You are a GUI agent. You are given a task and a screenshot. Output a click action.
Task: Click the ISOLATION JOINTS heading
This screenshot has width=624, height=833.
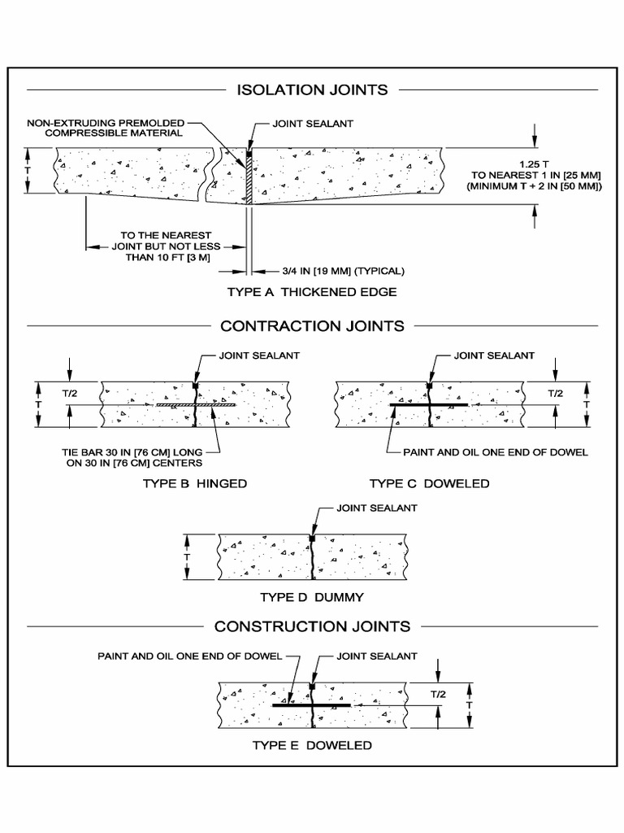(x=312, y=89)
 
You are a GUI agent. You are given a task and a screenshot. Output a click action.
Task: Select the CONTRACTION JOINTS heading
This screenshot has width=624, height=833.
(x=312, y=326)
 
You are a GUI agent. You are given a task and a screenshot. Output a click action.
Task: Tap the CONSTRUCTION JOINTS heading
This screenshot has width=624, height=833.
(x=312, y=626)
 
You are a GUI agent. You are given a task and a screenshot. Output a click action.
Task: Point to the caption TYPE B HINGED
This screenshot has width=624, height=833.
(x=193, y=483)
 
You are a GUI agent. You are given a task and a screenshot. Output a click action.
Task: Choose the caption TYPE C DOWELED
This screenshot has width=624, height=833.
(x=429, y=483)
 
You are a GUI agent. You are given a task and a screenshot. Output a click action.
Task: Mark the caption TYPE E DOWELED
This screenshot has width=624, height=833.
(x=312, y=745)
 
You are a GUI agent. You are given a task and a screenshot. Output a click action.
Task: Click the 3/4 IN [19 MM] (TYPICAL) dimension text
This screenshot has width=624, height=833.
(x=332, y=272)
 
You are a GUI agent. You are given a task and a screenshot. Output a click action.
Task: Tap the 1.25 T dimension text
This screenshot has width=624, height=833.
(x=534, y=164)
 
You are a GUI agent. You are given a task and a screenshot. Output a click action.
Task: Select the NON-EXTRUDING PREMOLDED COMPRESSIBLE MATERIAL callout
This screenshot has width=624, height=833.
(x=106, y=128)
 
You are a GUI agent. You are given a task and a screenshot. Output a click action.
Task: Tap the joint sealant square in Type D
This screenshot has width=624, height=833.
(x=312, y=538)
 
